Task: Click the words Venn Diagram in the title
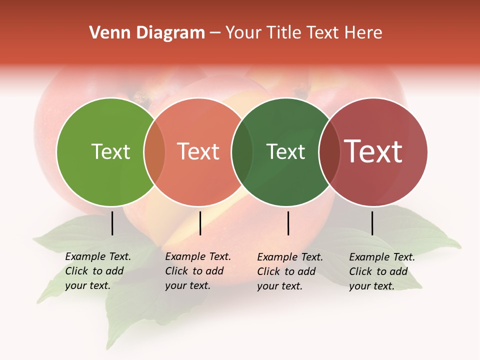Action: click(x=147, y=33)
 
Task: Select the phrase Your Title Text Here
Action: click(x=303, y=33)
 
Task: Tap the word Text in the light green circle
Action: click(x=110, y=151)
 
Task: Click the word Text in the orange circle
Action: click(x=198, y=151)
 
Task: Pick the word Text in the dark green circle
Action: click(x=285, y=151)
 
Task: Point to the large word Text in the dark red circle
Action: click(x=373, y=151)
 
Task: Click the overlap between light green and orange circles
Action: click(x=154, y=151)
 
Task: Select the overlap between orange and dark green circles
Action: click(x=242, y=151)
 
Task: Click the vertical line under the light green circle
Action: click(x=112, y=223)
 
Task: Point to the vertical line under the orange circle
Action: click(x=200, y=223)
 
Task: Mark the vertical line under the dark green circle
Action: click(x=288, y=223)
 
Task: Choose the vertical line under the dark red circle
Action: click(x=372, y=223)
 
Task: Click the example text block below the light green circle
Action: click(x=97, y=271)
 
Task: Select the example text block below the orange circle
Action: click(x=197, y=271)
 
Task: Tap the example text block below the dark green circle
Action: click(x=289, y=271)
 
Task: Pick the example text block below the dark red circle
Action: click(x=381, y=271)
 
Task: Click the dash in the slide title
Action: click(x=215, y=33)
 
